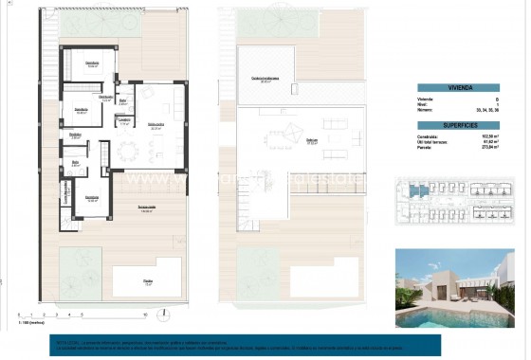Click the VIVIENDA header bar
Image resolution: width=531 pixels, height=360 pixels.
[x=458, y=87]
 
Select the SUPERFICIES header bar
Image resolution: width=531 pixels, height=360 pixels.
[x=458, y=124]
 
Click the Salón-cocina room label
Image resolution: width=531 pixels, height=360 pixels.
[x=156, y=124]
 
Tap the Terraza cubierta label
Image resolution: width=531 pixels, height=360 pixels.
[x=147, y=209]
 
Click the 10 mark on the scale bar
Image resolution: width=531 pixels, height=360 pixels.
[x=144, y=315]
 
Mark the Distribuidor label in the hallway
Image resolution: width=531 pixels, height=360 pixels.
[x=75, y=135]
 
